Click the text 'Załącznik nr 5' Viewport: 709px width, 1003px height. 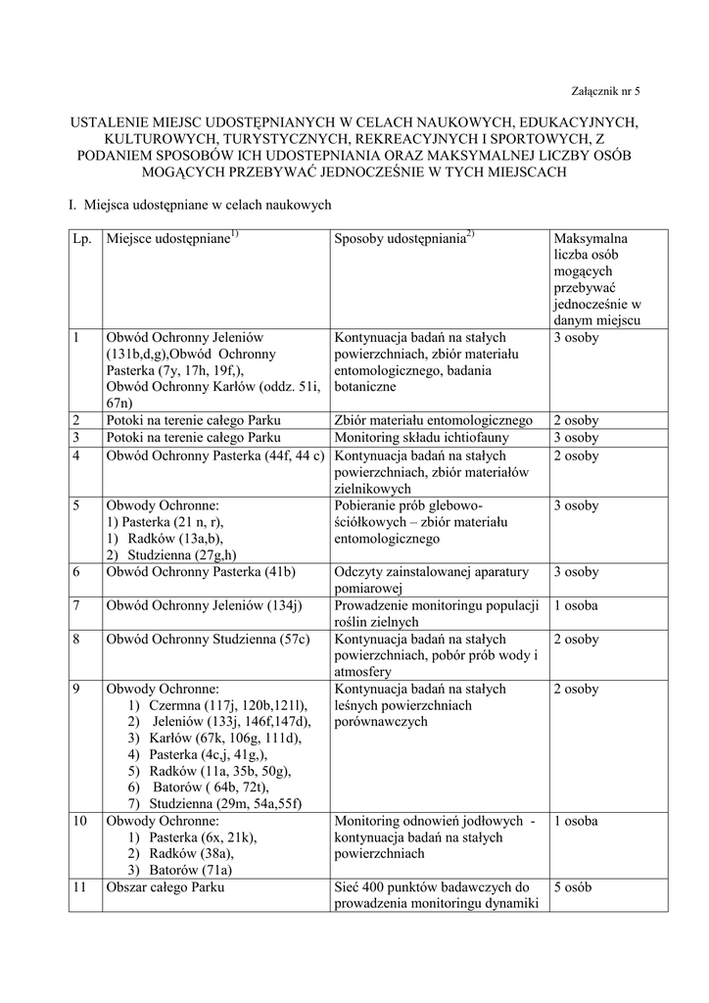click(604, 91)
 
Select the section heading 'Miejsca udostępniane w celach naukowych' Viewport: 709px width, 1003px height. click(208, 205)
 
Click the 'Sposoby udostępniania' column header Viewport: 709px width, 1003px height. click(403, 240)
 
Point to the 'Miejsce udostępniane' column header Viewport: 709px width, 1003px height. click(172, 240)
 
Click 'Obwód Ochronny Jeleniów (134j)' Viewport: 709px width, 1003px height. click(204, 605)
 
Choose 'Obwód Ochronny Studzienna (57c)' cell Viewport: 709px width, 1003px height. click(208, 640)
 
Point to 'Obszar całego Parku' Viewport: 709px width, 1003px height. click(165, 887)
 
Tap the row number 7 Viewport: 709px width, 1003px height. click(76, 605)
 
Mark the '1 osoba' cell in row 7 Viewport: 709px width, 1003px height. click(575, 605)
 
